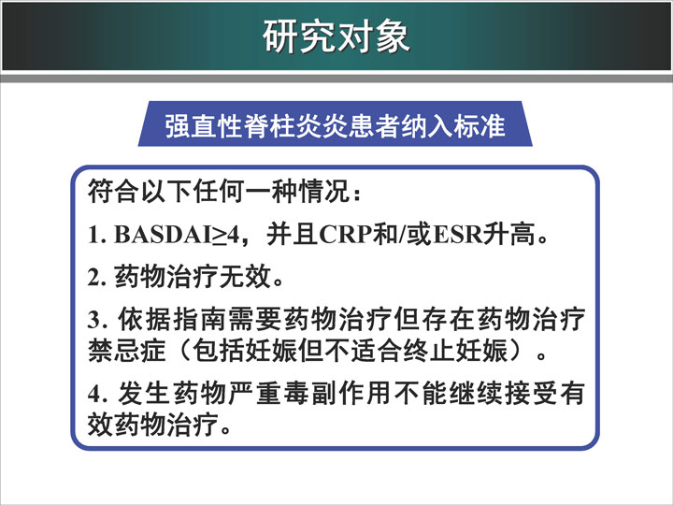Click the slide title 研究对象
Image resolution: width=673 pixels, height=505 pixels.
click(x=336, y=36)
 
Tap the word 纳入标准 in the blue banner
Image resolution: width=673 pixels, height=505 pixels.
click(x=453, y=126)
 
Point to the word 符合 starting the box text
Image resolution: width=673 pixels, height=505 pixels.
click(x=114, y=191)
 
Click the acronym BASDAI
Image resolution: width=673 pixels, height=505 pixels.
click(x=163, y=235)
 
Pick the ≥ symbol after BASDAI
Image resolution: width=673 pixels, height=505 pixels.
click(x=220, y=236)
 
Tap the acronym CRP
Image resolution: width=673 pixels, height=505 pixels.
click(x=346, y=235)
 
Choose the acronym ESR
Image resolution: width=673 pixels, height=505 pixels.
click(x=457, y=235)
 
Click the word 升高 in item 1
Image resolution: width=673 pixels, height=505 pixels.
click(x=509, y=235)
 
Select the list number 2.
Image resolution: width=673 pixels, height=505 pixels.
click(x=96, y=278)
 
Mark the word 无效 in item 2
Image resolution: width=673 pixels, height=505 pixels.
click(x=246, y=277)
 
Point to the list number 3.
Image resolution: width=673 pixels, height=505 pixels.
click(x=96, y=320)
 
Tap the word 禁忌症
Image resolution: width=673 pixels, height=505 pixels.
click(x=126, y=350)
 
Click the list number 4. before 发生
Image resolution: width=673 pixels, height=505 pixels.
click(x=96, y=394)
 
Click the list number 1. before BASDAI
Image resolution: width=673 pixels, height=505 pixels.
click(x=96, y=236)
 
